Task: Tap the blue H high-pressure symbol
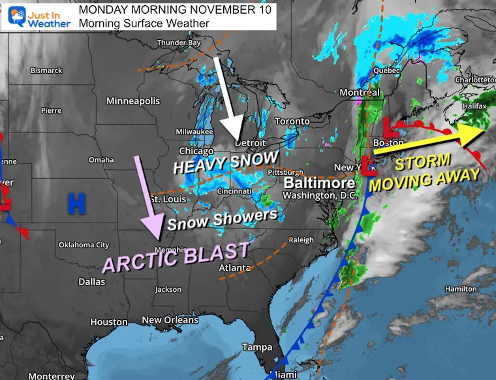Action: pyautogui.click(x=76, y=204)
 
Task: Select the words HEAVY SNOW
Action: pyautogui.click(x=225, y=161)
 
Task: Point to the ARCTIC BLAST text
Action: pyautogui.click(x=176, y=257)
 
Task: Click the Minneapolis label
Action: pyautogui.click(x=133, y=101)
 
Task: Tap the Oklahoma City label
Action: pyautogui.click(x=84, y=245)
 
